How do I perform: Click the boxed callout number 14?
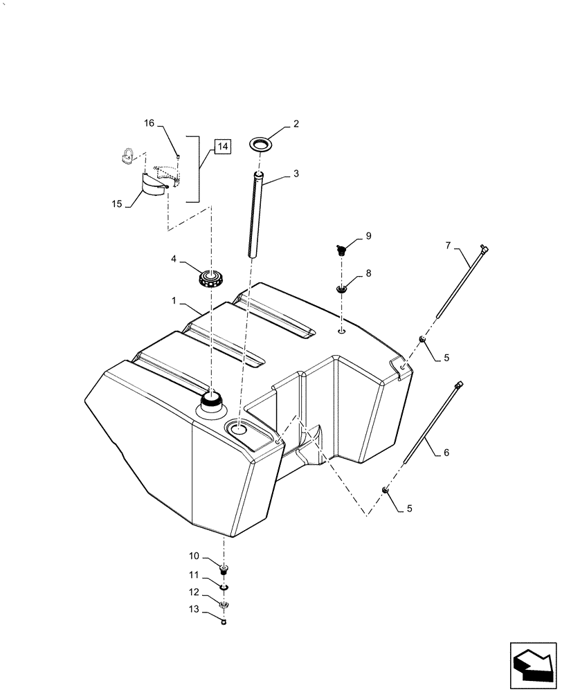[221, 146]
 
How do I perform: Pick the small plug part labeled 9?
[341, 249]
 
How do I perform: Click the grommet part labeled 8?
[341, 288]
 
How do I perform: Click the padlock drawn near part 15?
[127, 156]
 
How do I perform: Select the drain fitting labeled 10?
[224, 570]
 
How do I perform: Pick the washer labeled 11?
[224, 587]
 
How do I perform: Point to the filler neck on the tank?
[211, 401]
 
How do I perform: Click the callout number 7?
[447, 245]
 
